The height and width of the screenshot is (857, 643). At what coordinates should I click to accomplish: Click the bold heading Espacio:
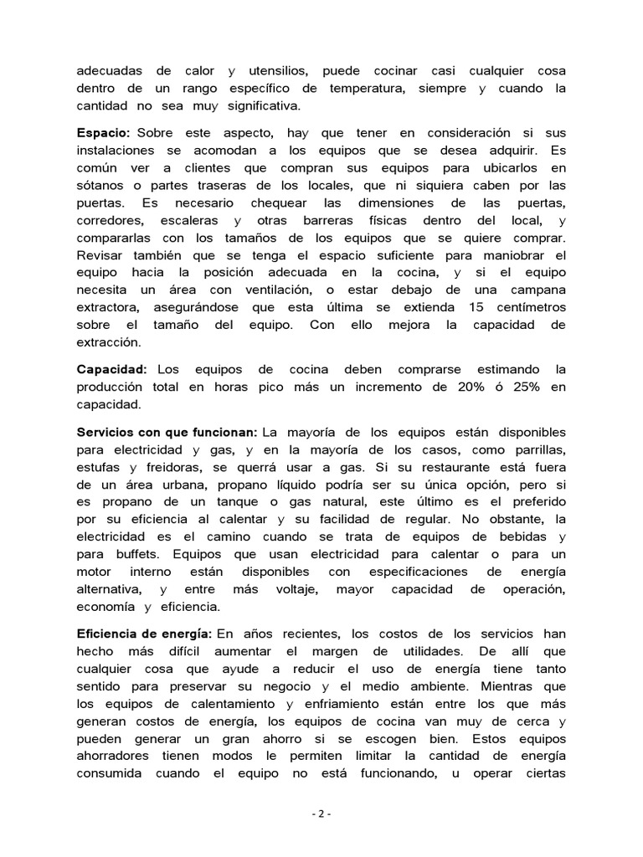[103, 133]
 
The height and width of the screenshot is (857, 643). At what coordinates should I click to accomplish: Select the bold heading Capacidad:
[111, 369]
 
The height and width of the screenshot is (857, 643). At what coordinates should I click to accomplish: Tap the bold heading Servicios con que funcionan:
[167, 432]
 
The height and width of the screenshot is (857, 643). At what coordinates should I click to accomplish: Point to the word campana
[538, 290]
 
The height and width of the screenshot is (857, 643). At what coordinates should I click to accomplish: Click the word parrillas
[535, 449]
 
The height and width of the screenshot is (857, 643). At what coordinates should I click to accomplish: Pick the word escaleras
[187, 221]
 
